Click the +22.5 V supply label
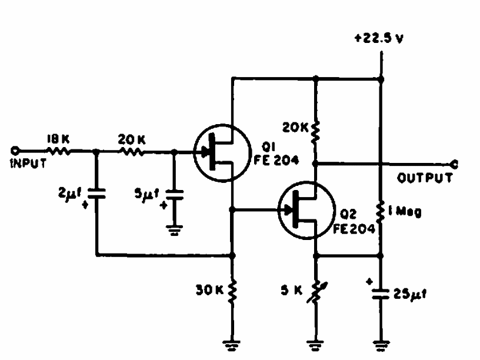click(x=379, y=38)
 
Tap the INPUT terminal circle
click(x=15, y=151)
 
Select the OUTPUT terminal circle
click(x=454, y=164)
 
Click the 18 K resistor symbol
click(x=58, y=151)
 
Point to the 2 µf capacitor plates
click(x=96, y=194)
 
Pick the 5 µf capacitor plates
click(x=174, y=195)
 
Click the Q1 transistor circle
click(x=222, y=153)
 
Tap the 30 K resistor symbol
click(x=232, y=291)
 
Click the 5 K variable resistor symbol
click(x=316, y=292)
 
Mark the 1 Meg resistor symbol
click(x=381, y=212)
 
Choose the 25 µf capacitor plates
click(x=381, y=294)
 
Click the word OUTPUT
click(x=425, y=178)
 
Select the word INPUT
click(x=28, y=163)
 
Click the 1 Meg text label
click(x=405, y=211)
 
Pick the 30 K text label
click(x=209, y=290)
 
